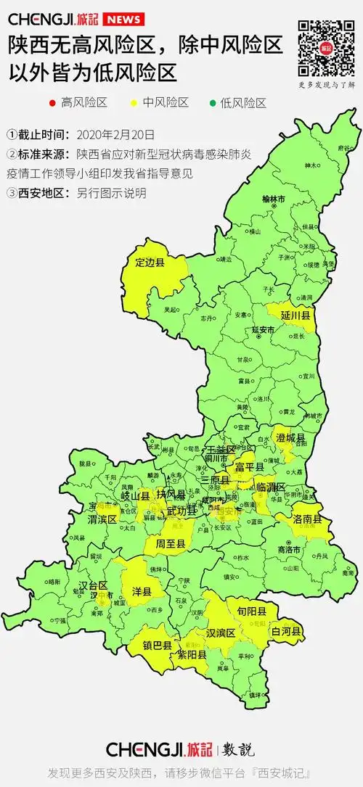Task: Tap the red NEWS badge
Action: point(123,19)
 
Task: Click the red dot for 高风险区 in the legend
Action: point(52,102)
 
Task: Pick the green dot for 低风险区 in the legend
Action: point(213,102)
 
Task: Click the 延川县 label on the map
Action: point(298,316)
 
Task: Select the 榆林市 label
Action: point(274,199)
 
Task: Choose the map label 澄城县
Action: point(290,438)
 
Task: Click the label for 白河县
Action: point(285,632)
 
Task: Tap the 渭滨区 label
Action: point(102,519)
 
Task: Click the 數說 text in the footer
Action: point(237,749)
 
